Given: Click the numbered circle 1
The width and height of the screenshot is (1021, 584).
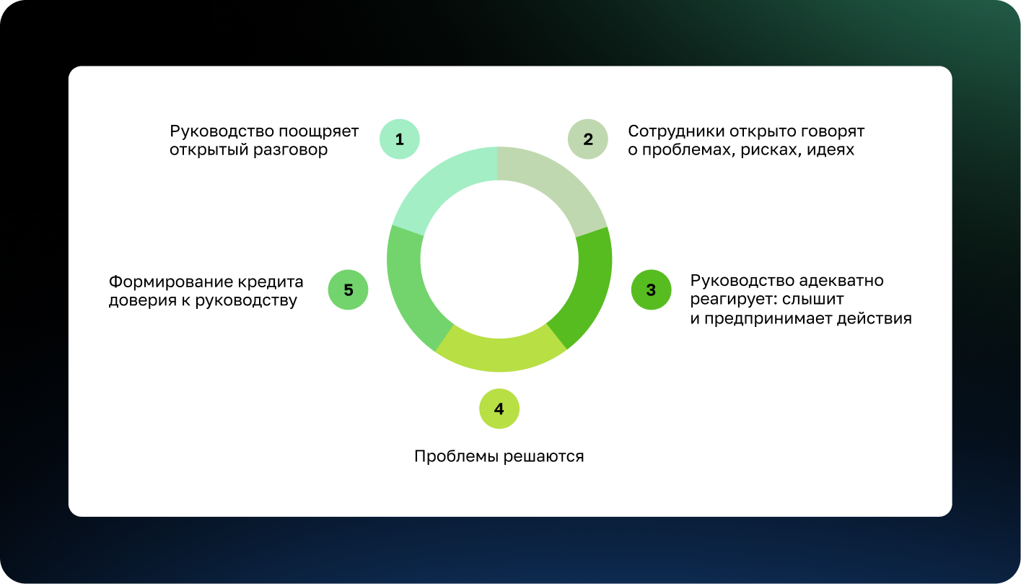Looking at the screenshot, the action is click(x=399, y=139).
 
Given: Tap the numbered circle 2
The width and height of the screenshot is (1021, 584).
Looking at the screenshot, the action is click(x=587, y=139).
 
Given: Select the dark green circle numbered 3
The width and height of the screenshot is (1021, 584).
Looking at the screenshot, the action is click(x=651, y=289).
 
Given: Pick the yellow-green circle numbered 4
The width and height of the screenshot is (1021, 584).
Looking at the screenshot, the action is click(x=499, y=409).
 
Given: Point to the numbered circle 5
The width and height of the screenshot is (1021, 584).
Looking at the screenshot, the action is click(x=349, y=289).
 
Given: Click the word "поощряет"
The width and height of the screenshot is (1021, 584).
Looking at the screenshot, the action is click(x=319, y=132).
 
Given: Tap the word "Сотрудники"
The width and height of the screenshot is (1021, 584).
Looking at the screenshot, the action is click(x=676, y=132).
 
